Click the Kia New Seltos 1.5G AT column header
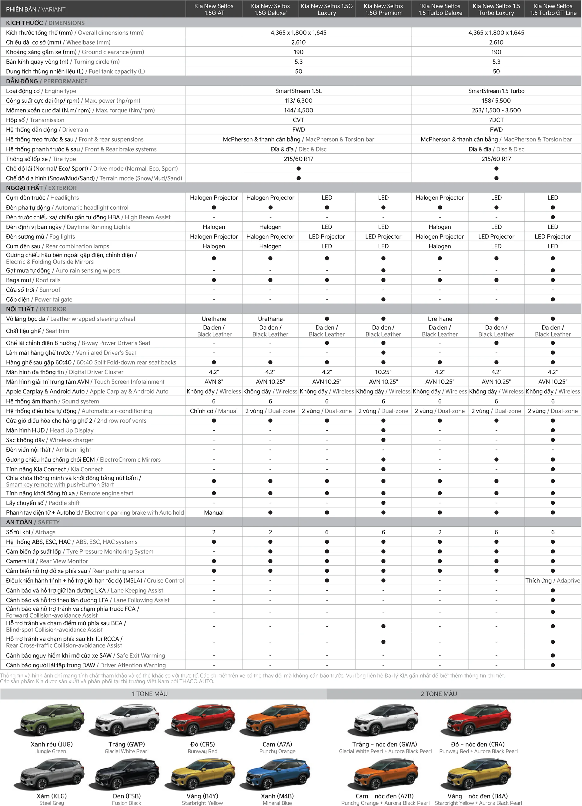214,9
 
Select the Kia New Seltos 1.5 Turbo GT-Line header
553,9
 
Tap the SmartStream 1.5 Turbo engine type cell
496,91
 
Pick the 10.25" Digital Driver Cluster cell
383,372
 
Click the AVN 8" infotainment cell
214,382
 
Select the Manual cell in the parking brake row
214,512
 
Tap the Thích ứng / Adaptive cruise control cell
553,580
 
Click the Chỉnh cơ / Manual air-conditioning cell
214,411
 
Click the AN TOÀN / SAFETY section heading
33,522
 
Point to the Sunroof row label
33,290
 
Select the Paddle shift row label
43,503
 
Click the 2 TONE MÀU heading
439,694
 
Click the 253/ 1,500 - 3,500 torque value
496,110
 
